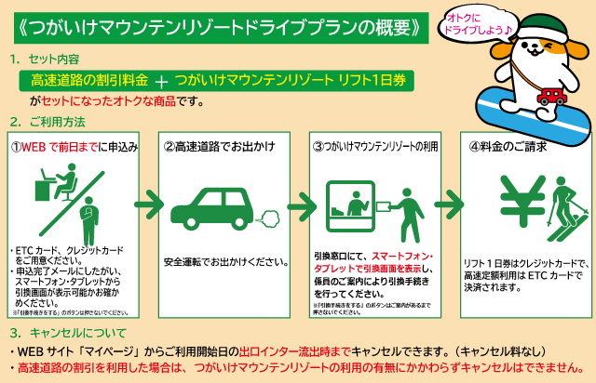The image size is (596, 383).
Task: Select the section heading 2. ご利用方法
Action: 47,122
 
